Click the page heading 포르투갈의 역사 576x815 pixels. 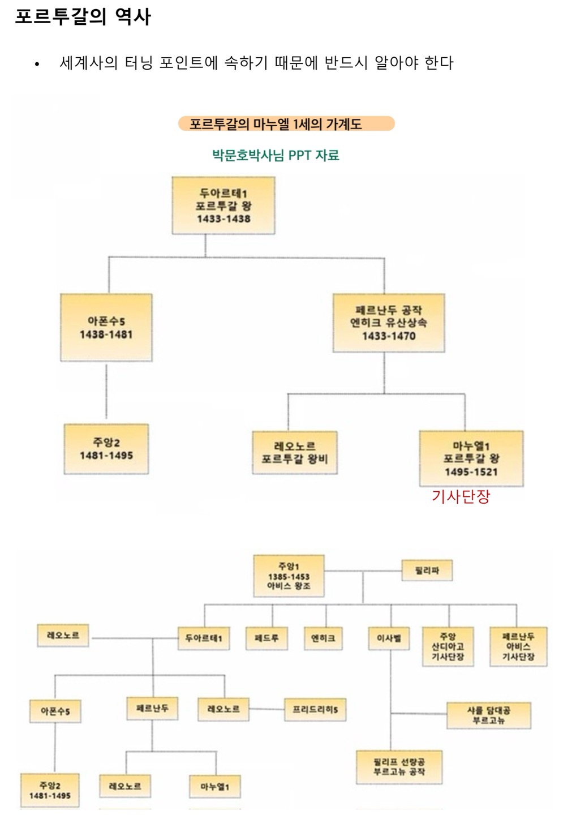point(83,16)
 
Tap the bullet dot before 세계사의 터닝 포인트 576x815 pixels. point(37,64)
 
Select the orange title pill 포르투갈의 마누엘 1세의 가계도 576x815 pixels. point(286,123)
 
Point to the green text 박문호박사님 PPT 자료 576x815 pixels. point(276,155)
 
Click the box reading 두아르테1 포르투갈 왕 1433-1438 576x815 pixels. point(223,205)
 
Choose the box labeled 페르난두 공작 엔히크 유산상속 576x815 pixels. point(389,323)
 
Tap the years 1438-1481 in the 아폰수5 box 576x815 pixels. point(106,334)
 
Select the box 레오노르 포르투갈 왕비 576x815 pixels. point(294,453)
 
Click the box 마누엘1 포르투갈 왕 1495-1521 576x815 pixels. point(471,458)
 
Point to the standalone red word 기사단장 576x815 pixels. point(461,496)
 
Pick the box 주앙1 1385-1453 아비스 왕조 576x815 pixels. point(289,576)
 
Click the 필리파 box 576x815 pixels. point(427,570)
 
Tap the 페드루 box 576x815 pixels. point(266,638)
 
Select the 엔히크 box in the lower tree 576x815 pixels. point(323,638)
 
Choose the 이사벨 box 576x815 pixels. point(389,638)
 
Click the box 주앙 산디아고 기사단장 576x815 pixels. point(448,646)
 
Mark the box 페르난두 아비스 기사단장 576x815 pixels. point(518,646)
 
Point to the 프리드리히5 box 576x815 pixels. point(315,709)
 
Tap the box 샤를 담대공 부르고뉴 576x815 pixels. point(488,715)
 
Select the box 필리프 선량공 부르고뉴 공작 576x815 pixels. point(398,767)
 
